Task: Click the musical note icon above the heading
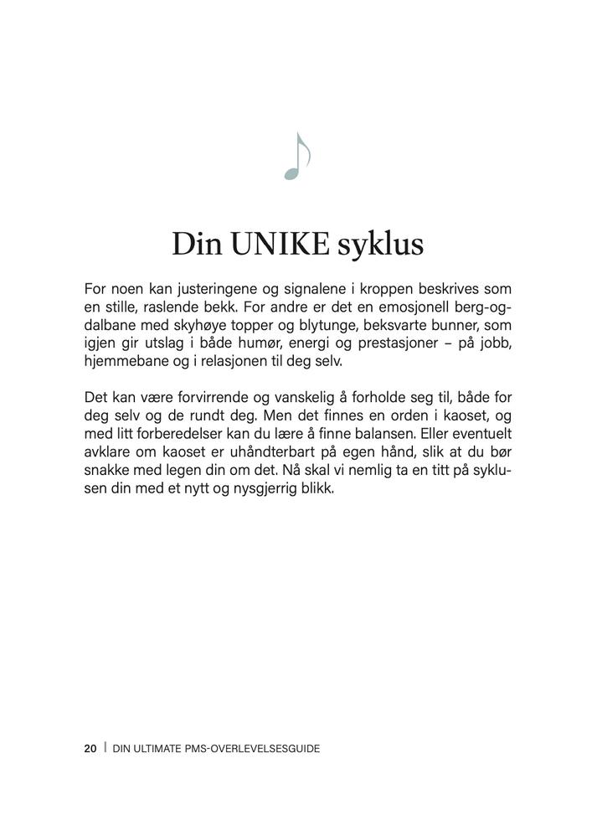click(x=297, y=157)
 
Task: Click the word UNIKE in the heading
click(x=279, y=245)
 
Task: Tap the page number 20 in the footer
click(x=90, y=748)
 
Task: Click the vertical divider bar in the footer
click(x=105, y=748)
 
